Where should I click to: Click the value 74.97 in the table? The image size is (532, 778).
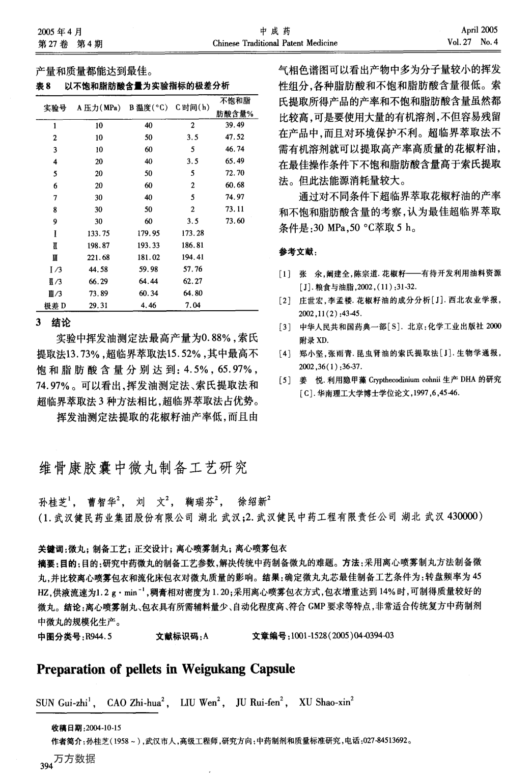(235, 197)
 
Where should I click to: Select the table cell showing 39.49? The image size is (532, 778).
(235, 125)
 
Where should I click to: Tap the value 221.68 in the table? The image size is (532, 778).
(99, 257)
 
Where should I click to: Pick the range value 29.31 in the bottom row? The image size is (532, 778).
(99, 305)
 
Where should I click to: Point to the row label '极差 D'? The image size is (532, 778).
(55, 306)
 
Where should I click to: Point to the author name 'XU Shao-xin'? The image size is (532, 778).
(325, 704)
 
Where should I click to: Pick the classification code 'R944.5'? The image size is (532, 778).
(99, 635)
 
